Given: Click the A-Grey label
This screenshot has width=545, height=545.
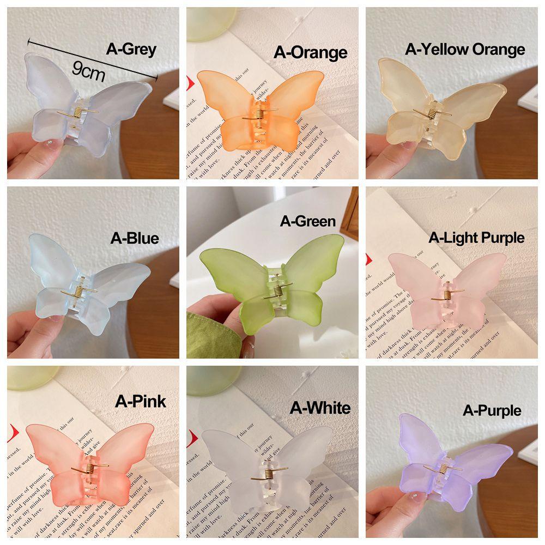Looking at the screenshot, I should click(131, 50).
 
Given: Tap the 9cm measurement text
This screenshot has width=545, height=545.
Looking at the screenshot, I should click(88, 71).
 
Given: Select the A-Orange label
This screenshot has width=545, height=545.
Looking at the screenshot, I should click(310, 52).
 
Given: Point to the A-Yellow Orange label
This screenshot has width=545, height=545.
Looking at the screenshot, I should click(465, 50).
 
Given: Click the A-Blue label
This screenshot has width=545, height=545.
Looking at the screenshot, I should click(135, 238).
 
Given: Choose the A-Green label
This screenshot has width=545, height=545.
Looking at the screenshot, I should click(307, 221).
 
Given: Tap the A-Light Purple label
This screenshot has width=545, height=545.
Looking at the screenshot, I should click(476, 238).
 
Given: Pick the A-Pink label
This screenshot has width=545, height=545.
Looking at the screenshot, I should click(141, 401).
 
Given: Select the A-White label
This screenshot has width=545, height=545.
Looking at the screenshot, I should click(320, 408).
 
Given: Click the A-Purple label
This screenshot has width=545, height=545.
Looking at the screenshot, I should click(492, 410).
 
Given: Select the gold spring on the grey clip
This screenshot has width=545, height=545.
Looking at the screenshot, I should click(80, 113).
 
